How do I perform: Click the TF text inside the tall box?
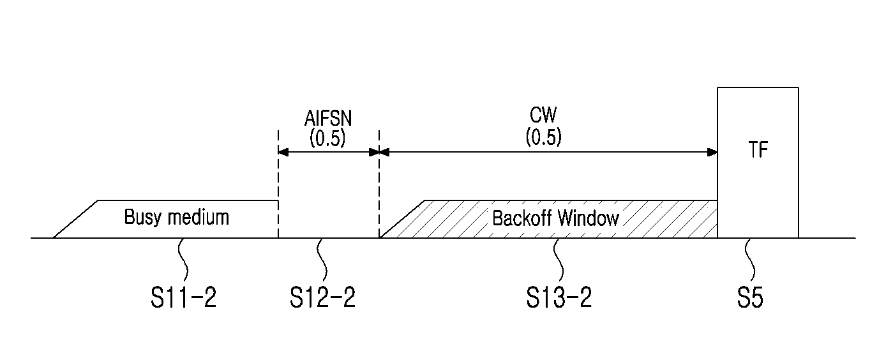pos(758,150)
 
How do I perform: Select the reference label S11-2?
pos(183,297)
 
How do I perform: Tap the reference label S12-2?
pos(322,297)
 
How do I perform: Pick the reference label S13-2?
pos(559,297)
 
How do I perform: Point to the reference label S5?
pos(750,297)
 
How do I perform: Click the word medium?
pos(198,218)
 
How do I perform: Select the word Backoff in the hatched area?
pos(522,218)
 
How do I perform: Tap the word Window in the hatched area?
pos(589,218)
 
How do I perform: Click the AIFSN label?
pos(328,119)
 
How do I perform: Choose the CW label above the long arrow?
pos(543,115)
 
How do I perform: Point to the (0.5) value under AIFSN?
pos(327,138)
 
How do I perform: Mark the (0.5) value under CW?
pos(543,137)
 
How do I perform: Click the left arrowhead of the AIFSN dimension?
pos(283,152)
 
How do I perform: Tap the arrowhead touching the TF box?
pos(712,152)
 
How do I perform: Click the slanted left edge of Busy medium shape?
pos(75,220)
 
